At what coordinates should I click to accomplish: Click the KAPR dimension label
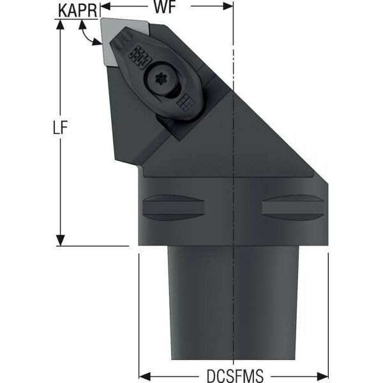[x=78, y=11]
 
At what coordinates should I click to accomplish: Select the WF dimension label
[x=165, y=7]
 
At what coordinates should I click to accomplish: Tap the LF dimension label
[x=60, y=127]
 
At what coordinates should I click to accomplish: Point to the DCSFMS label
[x=235, y=375]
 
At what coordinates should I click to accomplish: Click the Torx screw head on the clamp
[x=160, y=79]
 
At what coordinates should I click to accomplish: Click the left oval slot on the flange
[x=173, y=207]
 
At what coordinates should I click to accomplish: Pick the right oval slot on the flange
[x=294, y=207]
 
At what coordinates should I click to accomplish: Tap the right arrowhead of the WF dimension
[x=228, y=6]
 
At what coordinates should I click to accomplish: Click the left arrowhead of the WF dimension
[x=105, y=6]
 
